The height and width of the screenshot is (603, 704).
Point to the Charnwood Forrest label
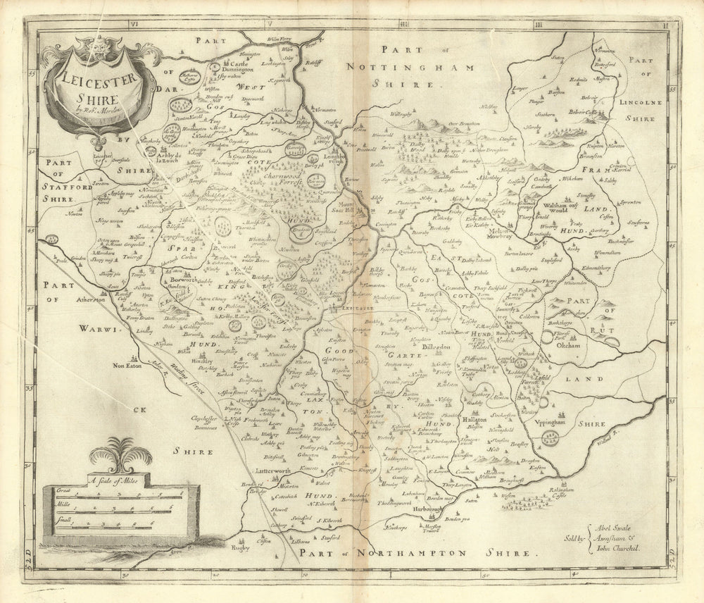276,184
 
